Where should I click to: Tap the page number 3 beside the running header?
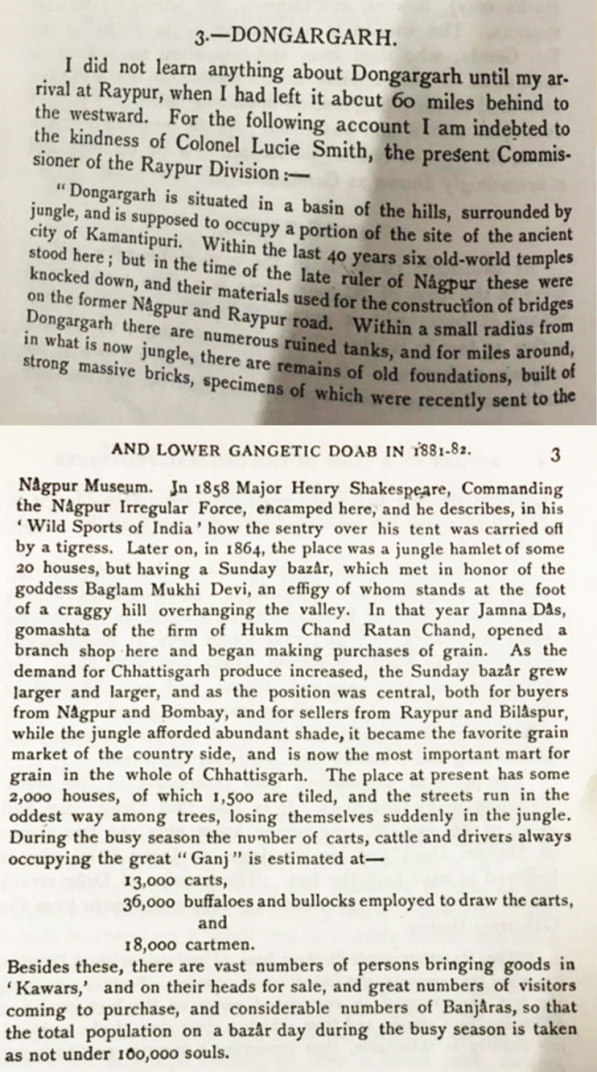pyautogui.click(x=555, y=455)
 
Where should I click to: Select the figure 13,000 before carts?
pyautogui.click(x=150, y=880)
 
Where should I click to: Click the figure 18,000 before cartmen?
pyautogui.click(x=151, y=945)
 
